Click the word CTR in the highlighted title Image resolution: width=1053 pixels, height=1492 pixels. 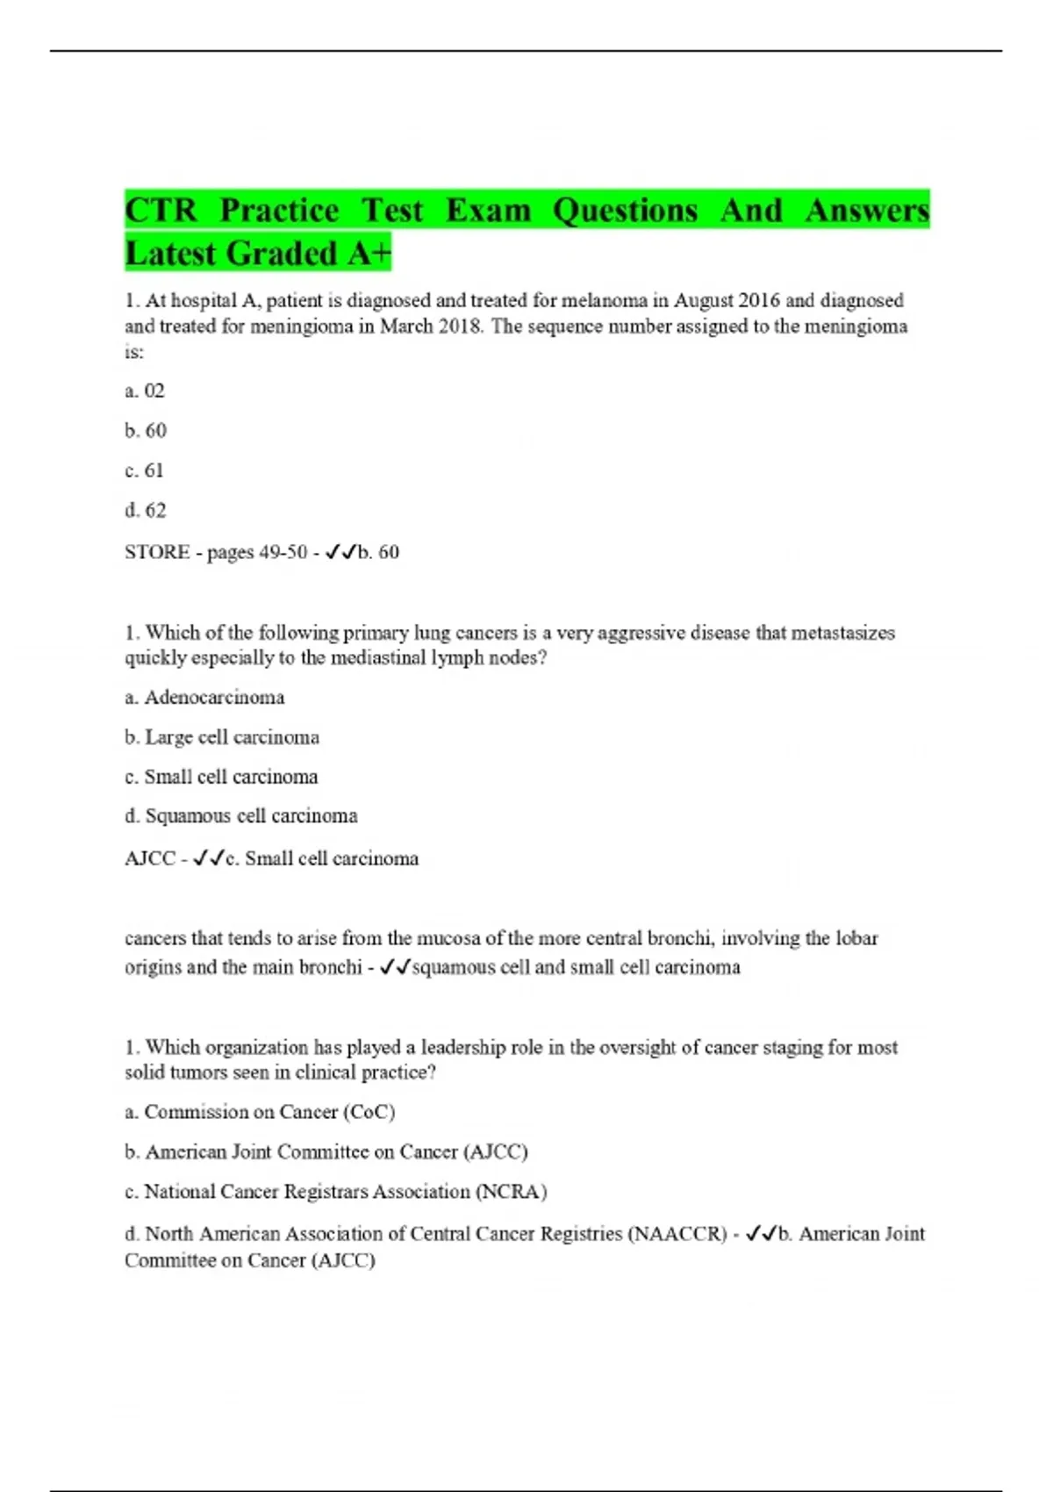(161, 212)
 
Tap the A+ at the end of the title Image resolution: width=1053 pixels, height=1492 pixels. (369, 254)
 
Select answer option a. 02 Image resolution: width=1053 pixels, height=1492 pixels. (145, 391)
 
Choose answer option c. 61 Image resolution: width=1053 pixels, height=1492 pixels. (145, 470)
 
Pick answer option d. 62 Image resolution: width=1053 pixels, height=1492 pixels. (146, 510)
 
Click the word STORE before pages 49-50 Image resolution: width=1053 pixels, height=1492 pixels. (157, 552)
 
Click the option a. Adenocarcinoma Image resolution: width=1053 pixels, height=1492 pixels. (204, 698)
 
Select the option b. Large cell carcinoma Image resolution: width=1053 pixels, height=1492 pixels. (222, 737)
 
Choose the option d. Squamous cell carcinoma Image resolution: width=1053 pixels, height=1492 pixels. (241, 816)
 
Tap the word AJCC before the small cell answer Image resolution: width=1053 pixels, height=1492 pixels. (150, 858)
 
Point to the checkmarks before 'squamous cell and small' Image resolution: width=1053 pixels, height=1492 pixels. (396, 967)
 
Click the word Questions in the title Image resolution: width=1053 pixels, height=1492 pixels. (626, 212)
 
